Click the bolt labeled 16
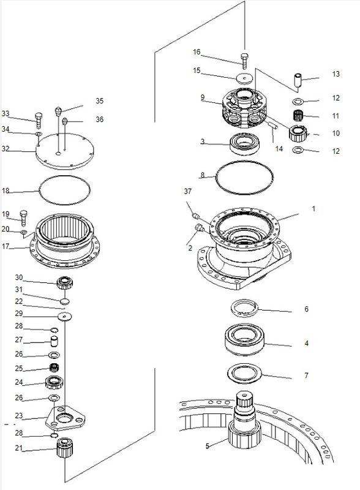pyautogui.click(x=244, y=61)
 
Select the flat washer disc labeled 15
pyautogui.click(x=244, y=78)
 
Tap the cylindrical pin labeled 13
pyautogui.click(x=298, y=81)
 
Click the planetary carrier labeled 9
pyautogui.click(x=245, y=108)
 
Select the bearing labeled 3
pyautogui.click(x=244, y=143)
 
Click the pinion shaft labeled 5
pyautogui.click(x=245, y=420)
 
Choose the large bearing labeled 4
pyautogui.click(x=245, y=340)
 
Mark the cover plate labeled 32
pyautogui.click(x=65, y=151)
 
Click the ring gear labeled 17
pyautogui.click(x=65, y=241)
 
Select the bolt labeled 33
pyautogui.click(x=39, y=121)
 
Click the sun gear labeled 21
pyautogui.click(x=65, y=448)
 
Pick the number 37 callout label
pyautogui.click(x=187, y=191)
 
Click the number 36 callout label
pyautogui.click(x=100, y=119)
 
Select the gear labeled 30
pyautogui.click(x=65, y=283)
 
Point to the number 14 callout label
pyautogui.click(x=279, y=149)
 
